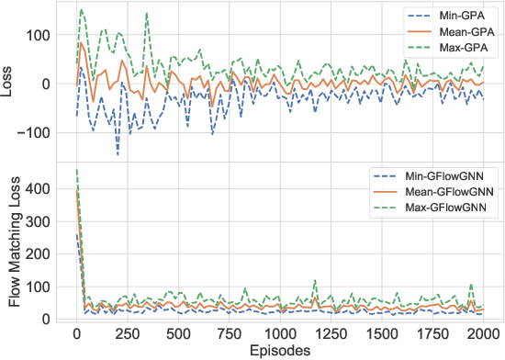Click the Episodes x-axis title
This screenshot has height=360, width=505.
click(x=280, y=350)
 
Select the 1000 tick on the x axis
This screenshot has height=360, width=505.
click(x=280, y=333)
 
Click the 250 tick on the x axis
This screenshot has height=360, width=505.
click(x=128, y=333)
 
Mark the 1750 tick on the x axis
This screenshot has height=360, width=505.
click(x=432, y=333)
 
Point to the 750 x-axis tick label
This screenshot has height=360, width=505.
click(x=229, y=333)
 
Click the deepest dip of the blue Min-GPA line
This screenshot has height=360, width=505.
click(x=118, y=153)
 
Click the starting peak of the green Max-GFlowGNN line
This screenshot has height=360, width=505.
click(x=76, y=170)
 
